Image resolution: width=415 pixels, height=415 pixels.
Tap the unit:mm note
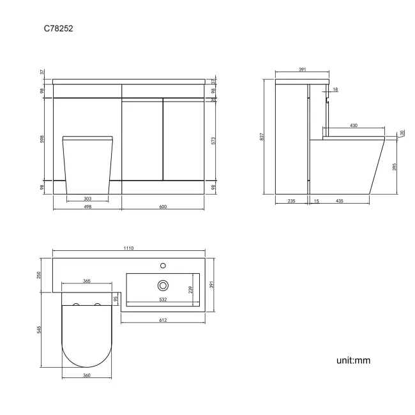coord(353,361)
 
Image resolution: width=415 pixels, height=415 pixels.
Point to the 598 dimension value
coord(43,139)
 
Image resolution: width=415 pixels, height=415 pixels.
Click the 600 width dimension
coord(164,206)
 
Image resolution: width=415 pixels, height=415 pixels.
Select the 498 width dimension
coord(87,206)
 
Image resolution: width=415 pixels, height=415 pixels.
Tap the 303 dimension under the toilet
coord(87,199)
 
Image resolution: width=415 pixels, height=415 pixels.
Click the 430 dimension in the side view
coord(353,126)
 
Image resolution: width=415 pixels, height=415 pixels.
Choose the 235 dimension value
coord(291,201)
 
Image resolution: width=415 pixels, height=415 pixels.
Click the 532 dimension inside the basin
coord(163,299)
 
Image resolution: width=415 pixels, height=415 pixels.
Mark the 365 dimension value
coord(86,281)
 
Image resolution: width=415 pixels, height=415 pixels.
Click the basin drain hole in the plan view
coord(163,285)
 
